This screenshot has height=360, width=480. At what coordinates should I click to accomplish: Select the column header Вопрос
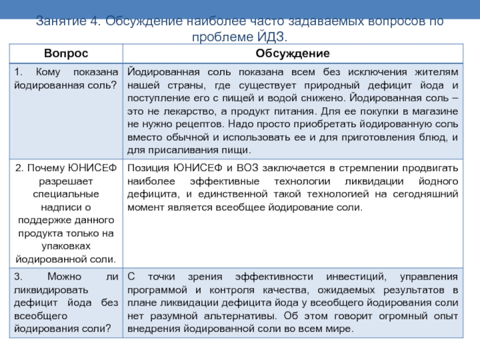point(65,54)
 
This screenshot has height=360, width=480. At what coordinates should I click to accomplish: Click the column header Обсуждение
point(292,54)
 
